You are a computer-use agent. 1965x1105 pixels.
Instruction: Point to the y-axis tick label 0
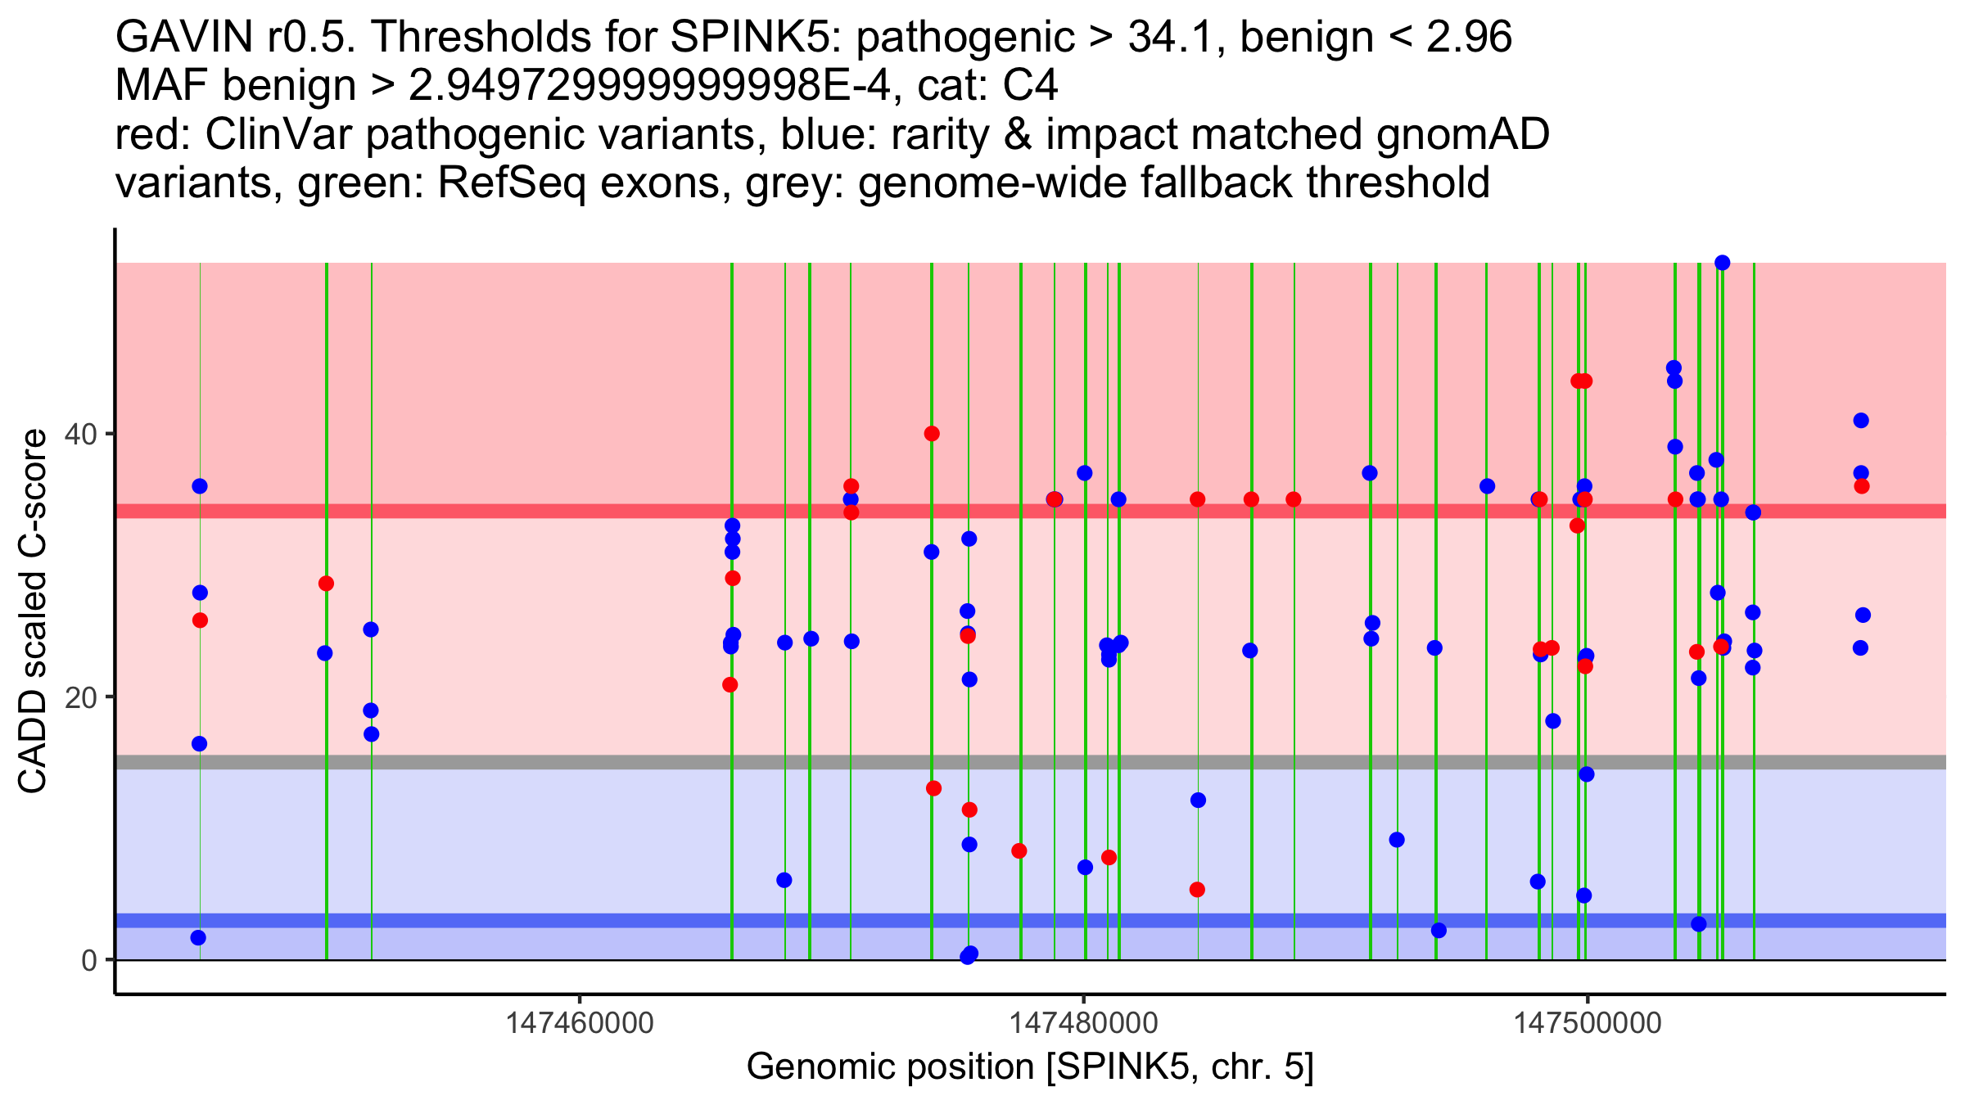click(x=89, y=960)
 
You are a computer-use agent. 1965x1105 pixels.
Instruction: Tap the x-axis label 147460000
click(x=580, y=1024)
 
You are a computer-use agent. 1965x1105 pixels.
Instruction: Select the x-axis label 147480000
click(x=1084, y=1024)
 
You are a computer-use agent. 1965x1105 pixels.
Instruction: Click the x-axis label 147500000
click(x=1588, y=1024)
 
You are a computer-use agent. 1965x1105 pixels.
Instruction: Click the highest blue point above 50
click(x=1722, y=263)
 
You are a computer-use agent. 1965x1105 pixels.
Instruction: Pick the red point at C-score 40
click(x=932, y=434)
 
